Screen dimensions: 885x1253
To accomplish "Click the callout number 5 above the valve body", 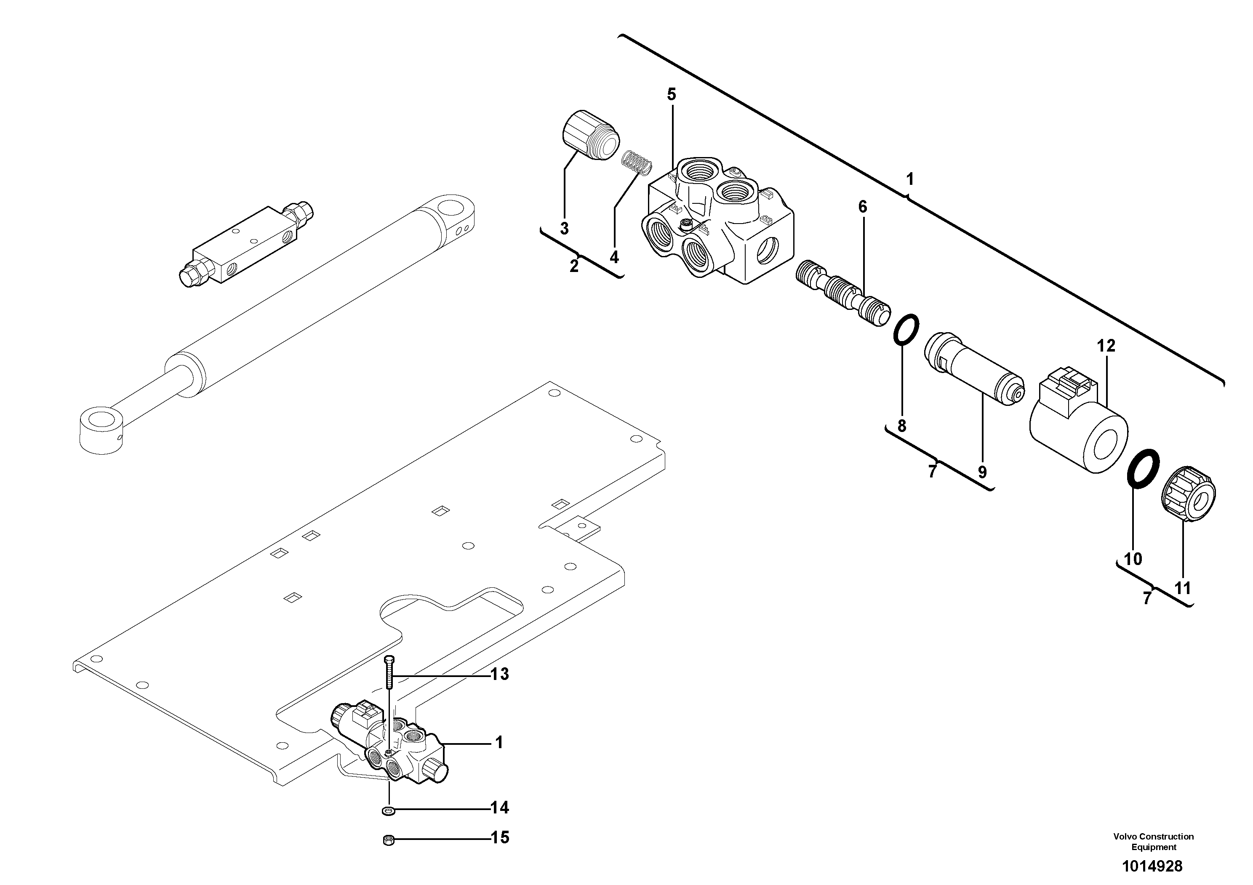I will (x=671, y=94).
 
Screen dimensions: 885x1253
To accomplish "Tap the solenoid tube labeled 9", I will (x=974, y=372).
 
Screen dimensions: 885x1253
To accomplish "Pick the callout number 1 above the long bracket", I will (x=910, y=179).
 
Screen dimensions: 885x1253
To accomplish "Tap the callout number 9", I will (x=982, y=472).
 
